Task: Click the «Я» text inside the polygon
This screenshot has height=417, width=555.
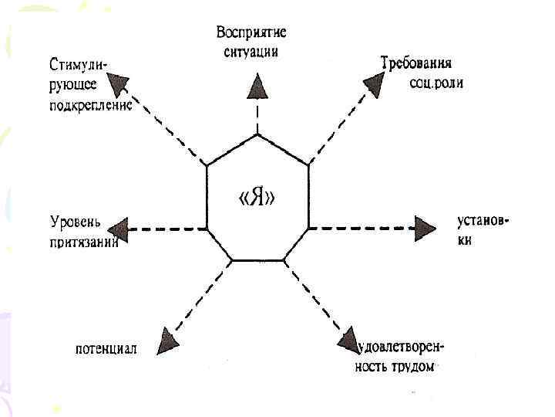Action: pyautogui.click(x=257, y=198)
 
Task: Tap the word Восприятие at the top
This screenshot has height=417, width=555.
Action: pyautogui.click(x=251, y=32)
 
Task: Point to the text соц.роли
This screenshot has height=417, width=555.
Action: pyautogui.click(x=436, y=82)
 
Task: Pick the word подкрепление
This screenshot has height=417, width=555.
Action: pyautogui.click(x=90, y=106)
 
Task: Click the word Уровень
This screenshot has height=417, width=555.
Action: pyautogui.click(x=76, y=222)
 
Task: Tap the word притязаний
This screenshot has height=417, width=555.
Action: pyautogui.click(x=84, y=242)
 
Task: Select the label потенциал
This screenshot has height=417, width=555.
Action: pyautogui.click(x=106, y=348)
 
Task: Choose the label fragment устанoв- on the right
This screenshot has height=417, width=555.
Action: pyautogui.click(x=483, y=222)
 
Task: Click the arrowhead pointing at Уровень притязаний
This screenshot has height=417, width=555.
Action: pyautogui.click(x=117, y=229)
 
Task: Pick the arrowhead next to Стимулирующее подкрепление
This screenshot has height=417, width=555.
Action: pyautogui.click(x=120, y=82)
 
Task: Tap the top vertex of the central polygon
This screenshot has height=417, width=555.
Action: pyautogui.click(x=257, y=133)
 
